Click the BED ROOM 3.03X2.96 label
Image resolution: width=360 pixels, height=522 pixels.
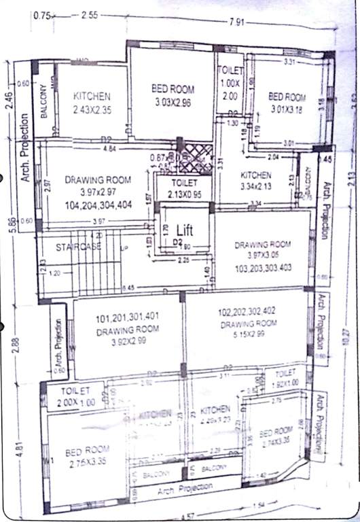coord(172,95)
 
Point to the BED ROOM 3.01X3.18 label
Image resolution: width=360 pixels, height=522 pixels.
coord(287,102)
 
